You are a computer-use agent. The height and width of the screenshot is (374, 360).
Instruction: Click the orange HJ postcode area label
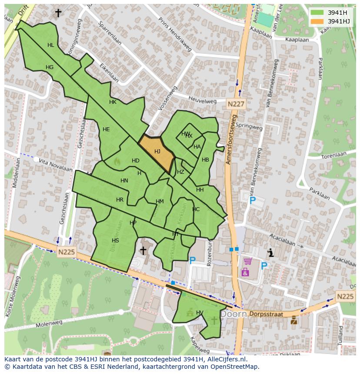point(157,152)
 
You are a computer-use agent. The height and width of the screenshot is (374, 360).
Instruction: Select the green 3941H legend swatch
point(317,13)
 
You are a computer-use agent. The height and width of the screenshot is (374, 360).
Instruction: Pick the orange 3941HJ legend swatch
point(317,21)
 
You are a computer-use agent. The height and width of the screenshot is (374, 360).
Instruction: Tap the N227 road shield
point(236,104)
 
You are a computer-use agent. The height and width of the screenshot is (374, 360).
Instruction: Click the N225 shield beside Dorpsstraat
point(345,296)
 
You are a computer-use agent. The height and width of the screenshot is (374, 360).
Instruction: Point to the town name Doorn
point(233,314)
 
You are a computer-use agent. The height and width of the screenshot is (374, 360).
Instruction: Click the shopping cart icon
point(247,261)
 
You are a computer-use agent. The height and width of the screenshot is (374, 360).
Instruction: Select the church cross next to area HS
point(143,251)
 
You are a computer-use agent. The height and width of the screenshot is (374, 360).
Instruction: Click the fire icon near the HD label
point(117,161)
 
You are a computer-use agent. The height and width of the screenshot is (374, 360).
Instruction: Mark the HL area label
point(51,45)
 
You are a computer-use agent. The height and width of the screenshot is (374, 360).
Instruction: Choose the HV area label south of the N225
point(200,313)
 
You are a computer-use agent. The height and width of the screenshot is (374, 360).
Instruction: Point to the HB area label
point(205,160)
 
